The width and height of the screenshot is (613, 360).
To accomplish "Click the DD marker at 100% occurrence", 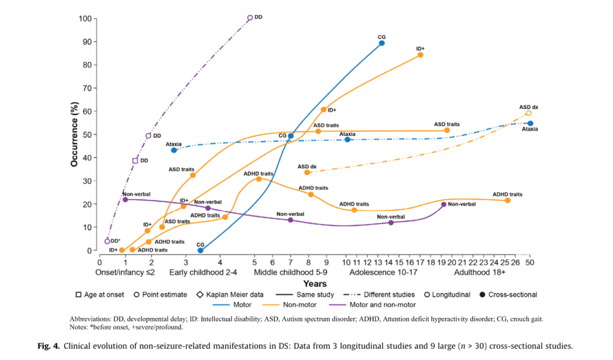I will (250, 18).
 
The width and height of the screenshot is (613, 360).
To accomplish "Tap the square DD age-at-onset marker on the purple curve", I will (135, 161).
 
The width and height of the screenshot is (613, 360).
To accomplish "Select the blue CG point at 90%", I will (381, 43).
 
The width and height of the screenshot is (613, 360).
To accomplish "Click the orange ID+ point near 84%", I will (420, 55).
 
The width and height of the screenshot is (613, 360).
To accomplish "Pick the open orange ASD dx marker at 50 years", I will (529, 113).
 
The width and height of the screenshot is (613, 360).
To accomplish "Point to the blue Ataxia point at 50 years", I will (530, 123).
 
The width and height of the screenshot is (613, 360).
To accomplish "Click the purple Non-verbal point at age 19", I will (444, 204).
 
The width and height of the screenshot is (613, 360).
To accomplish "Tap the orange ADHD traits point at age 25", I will (508, 200).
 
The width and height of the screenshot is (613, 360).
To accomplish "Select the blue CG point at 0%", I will (201, 250).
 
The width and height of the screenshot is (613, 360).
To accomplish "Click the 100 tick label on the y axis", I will (85, 19).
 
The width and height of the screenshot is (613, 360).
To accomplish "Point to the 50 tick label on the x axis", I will (530, 262).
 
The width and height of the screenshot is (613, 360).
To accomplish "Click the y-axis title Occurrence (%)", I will (74, 134).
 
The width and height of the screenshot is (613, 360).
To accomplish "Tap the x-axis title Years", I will (315, 283).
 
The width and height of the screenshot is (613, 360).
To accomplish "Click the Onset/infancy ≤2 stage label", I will (125, 272).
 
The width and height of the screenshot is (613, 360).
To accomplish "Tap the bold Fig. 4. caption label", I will (52, 346).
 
